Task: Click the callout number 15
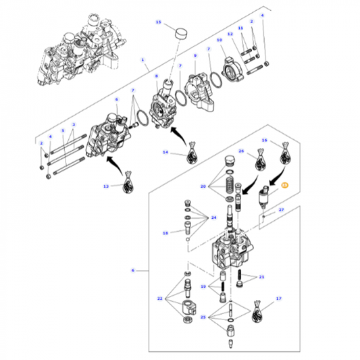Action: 159,22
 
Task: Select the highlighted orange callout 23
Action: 284,184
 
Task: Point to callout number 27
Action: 281,210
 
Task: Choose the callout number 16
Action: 264,141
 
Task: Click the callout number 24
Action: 213,217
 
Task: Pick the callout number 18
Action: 164,233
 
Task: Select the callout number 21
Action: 261,277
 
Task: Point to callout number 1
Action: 143,59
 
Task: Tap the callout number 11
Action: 239,23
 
